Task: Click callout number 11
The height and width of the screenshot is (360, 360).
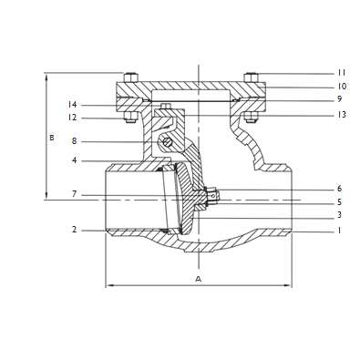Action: [x=342, y=72]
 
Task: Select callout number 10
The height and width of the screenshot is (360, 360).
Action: [x=342, y=86]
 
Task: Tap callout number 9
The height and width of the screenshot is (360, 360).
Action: [x=339, y=99]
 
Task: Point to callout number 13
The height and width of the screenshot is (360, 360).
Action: [x=342, y=115]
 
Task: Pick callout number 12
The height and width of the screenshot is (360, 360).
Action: [x=73, y=117]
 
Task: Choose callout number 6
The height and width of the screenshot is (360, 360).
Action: [x=339, y=189]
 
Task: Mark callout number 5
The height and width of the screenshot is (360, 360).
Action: [x=339, y=201]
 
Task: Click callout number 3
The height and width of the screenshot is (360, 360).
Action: [x=339, y=215]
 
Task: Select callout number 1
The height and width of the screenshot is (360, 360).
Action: [x=339, y=231]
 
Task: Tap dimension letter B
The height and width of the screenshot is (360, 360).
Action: [x=52, y=138]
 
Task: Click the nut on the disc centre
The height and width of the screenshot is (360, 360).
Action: [x=212, y=194]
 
